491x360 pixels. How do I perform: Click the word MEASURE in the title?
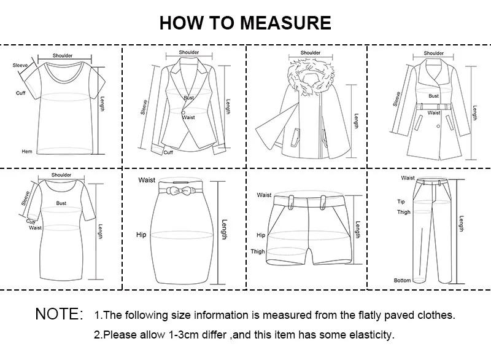(285, 23)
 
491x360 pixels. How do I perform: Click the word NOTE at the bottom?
(58, 315)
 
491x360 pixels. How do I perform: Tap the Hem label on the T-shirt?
(26, 151)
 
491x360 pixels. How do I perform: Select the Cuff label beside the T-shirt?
(21, 93)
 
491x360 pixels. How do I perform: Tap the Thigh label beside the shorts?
(258, 251)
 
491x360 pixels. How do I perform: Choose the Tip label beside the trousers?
(401, 202)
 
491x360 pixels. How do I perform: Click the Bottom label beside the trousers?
(402, 280)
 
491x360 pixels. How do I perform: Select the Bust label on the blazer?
(188, 98)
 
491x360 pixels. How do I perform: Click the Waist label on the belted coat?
(434, 113)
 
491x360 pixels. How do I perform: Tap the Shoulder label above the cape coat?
(311, 53)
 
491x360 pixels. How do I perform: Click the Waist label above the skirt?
(147, 180)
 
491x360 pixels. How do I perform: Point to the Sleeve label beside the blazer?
(145, 108)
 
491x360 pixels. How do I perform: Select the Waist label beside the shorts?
(264, 195)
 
